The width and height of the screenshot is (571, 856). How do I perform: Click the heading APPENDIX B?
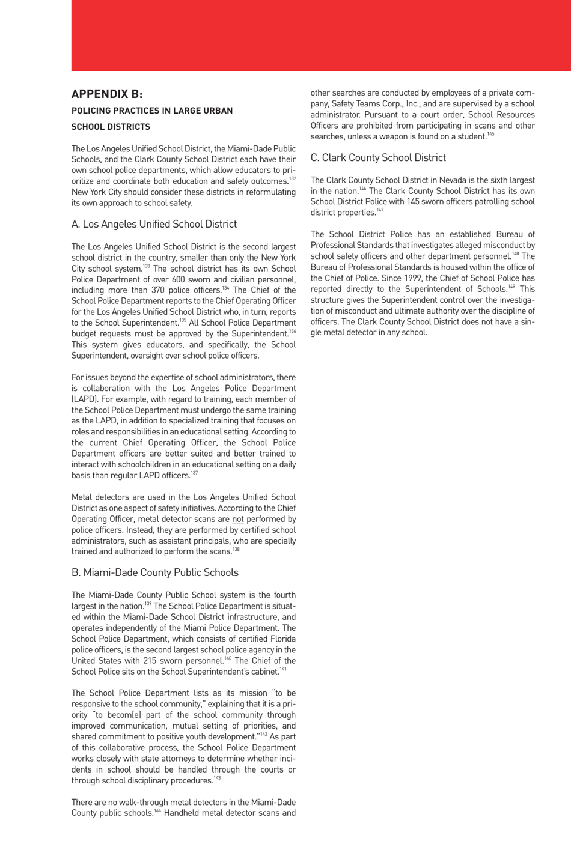point(107,94)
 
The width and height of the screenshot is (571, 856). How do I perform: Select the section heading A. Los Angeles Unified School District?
point(154,224)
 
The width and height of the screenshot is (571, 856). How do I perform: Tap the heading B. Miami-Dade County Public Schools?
point(155,572)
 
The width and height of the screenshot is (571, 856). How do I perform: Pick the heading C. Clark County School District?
point(378,158)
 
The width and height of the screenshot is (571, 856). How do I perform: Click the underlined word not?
point(238,520)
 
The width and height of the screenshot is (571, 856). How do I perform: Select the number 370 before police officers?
point(158,290)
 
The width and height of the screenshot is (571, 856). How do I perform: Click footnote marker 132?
point(292,178)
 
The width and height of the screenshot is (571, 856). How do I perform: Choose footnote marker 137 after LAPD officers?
point(194,473)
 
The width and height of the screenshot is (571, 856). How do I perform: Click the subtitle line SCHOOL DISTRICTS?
point(111,127)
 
